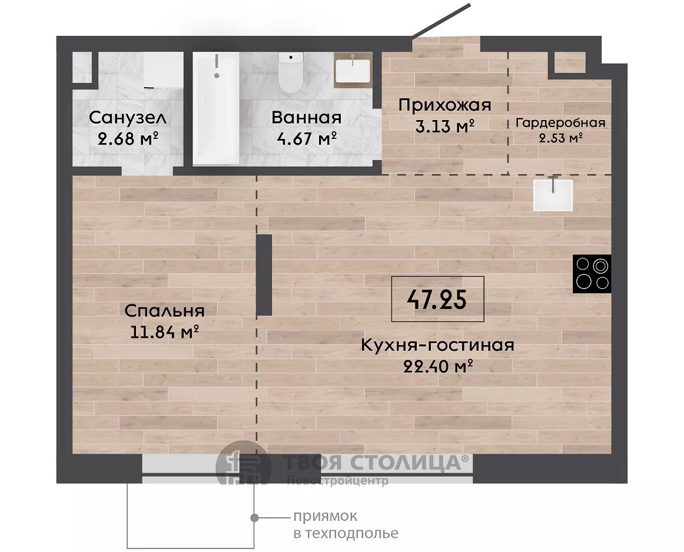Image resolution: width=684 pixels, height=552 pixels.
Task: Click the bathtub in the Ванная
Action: pyautogui.click(x=216, y=108)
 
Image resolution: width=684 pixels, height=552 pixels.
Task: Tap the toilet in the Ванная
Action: pyautogui.click(x=291, y=72)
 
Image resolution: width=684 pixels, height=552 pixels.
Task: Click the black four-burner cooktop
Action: pyautogui.click(x=592, y=274)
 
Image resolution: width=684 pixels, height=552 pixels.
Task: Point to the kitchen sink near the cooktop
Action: pyautogui.click(x=553, y=194)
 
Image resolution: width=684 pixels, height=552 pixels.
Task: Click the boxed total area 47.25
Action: pyautogui.click(x=437, y=299)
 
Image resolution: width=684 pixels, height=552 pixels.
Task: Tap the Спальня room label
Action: pyautogui.click(x=164, y=311)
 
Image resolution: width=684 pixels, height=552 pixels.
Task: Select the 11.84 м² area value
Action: pyautogui.click(x=165, y=332)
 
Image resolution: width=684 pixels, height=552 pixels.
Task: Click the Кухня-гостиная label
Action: pyautogui.click(x=437, y=345)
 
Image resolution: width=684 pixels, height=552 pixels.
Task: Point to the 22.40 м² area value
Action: pyautogui.click(x=438, y=366)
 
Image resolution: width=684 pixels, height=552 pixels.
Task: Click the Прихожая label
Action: pyautogui.click(x=445, y=105)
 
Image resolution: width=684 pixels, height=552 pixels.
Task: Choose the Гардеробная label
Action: pyautogui.click(x=560, y=123)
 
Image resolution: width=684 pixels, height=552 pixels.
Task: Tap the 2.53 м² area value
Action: pyautogui.click(x=561, y=138)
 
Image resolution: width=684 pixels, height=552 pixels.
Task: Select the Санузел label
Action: pyautogui.click(x=127, y=118)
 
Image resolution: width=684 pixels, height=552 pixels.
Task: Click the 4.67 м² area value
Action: pyautogui.click(x=307, y=139)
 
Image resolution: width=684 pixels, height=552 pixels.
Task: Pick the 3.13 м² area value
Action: pyautogui.click(x=445, y=127)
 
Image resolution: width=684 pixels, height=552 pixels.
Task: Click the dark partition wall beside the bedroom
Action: pyautogui.click(x=264, y=275)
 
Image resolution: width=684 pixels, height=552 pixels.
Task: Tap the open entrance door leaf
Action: pyautogui.click(x=441, y=21)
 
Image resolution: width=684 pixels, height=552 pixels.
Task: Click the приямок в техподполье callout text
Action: pyautogui.click(x=346, y=524)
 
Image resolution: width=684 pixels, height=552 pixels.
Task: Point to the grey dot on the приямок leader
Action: pyautogui.click(x=254, y=517)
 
